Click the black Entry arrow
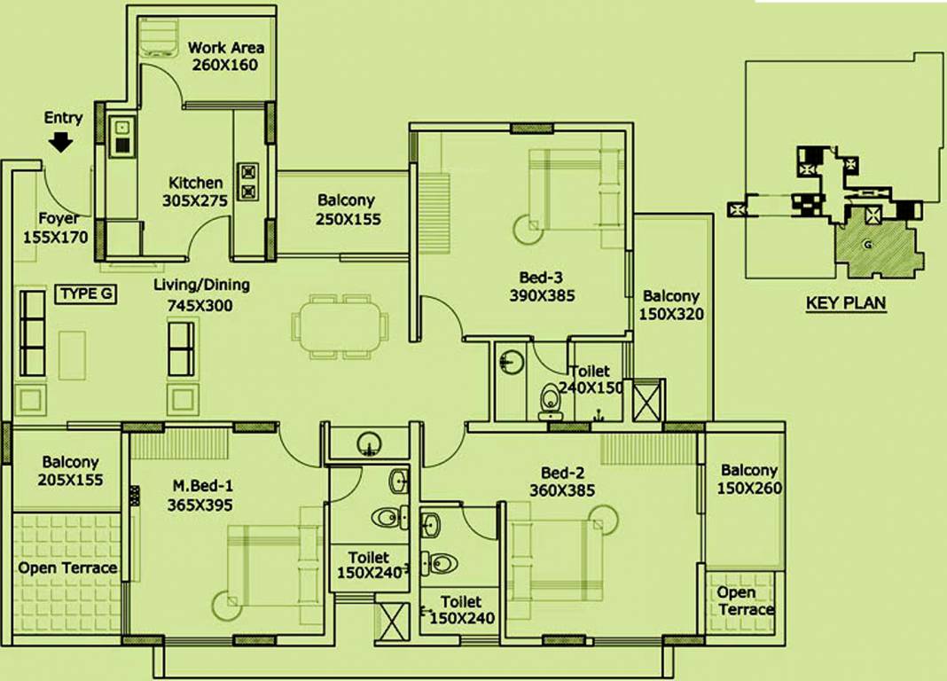pos(61,142)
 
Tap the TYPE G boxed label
pos(86,294)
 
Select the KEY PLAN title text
pos(845,302)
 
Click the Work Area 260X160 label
pos(225,56)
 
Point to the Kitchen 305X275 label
pos(194,192)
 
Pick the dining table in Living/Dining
pos(340,326)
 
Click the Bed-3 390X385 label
pos(542,286)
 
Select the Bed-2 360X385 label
pos(561,481)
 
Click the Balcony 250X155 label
pos(346,209)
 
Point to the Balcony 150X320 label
pos(671,304)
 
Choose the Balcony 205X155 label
pos(70,471)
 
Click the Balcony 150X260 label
pos(748,479)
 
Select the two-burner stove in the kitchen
pos(247,181)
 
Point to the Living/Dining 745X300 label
pos(201,294)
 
